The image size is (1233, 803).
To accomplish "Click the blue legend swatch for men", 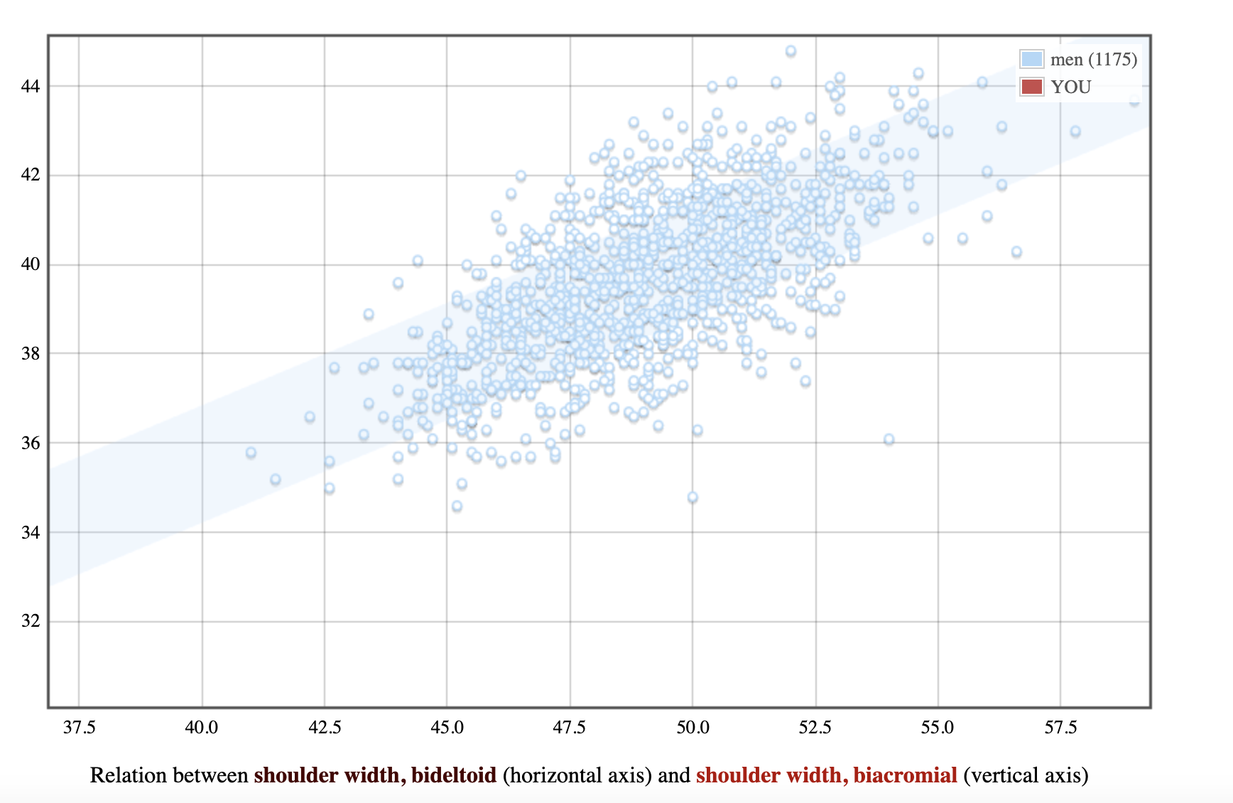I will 1031,59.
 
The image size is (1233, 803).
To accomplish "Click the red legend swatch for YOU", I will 1031,87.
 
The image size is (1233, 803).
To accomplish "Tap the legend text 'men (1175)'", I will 1094,59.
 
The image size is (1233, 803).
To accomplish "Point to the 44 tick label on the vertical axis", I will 31,86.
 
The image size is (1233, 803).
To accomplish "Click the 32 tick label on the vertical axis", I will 31,621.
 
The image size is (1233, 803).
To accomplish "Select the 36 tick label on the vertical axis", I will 31,443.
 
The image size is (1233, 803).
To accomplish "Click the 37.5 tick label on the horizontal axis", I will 79,728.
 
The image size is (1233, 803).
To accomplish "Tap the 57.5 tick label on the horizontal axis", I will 1060,728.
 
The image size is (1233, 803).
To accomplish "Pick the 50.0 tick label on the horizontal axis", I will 692,728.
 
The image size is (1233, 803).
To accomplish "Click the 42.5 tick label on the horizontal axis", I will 325,728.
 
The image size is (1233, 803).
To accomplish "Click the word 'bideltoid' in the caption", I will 454,775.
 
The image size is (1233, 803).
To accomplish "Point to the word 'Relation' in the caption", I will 131,775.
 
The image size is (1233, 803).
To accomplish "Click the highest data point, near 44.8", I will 791,51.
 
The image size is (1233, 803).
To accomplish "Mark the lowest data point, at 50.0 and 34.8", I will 692,497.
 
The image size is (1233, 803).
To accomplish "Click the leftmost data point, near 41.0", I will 251,453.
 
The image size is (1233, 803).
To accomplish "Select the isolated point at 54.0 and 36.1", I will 889,440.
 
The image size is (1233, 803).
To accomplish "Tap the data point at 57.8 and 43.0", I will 1075,131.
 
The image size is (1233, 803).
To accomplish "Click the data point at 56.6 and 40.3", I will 1016,252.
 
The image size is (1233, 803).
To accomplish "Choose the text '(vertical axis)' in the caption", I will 1026,775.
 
